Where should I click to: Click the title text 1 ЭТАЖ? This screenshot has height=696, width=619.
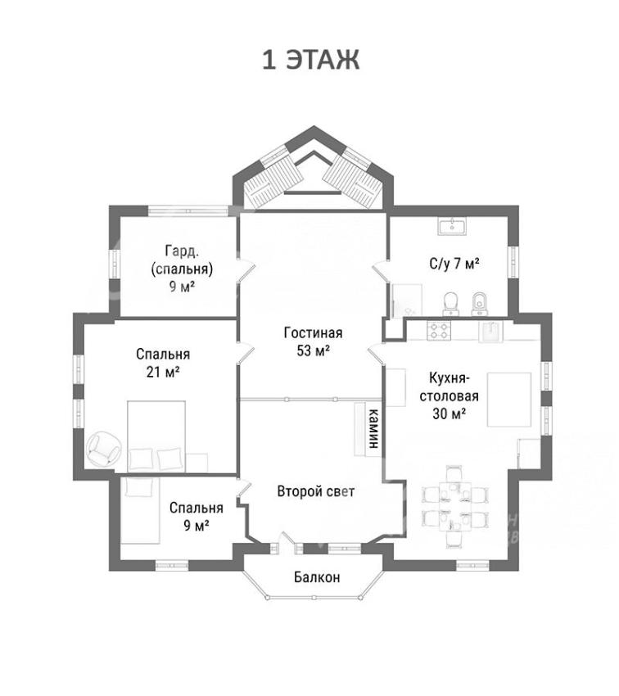pyautogui.click(x=310, y=60)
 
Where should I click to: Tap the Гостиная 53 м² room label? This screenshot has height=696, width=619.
pyautogui.click(x=314, y=341)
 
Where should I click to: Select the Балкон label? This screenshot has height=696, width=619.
pyautogui.click(x=317, y=577)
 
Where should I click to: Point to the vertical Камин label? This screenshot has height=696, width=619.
pyautogui.click(x=374, y=428)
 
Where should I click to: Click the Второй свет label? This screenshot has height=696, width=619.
pyautogui.click(x=316, y=491)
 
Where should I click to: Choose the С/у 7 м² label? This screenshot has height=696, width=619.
pyautogui.click(x=454, y=264)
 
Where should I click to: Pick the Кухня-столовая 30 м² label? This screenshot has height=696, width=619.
pyautogui.click(x=449, y=395)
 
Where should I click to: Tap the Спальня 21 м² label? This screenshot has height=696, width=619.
pyautogui.click(x=163, y=363)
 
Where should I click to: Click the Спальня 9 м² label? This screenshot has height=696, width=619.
pyautogui.click(x=197, y=517)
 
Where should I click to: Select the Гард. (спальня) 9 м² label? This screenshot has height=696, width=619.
pyautogui.click(x=182, y=269)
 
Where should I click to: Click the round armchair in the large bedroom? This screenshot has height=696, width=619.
pyautogui.click(x=103, y=449)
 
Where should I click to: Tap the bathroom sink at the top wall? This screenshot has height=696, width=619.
pyautogui.click(x=452, y=226)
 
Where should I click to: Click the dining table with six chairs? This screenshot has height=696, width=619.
pyautogui.click(x=454, y=506)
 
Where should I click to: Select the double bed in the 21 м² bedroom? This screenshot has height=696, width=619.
pyautogui.click(x=156, y=436)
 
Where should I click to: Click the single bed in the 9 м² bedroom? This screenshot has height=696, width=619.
pyautogui.click(x=140, y=510)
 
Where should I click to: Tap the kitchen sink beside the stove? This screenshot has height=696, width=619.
pyautogui.click(x=490, y=331)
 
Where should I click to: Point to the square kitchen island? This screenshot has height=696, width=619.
pyautogui.click(x=509, y=400)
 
